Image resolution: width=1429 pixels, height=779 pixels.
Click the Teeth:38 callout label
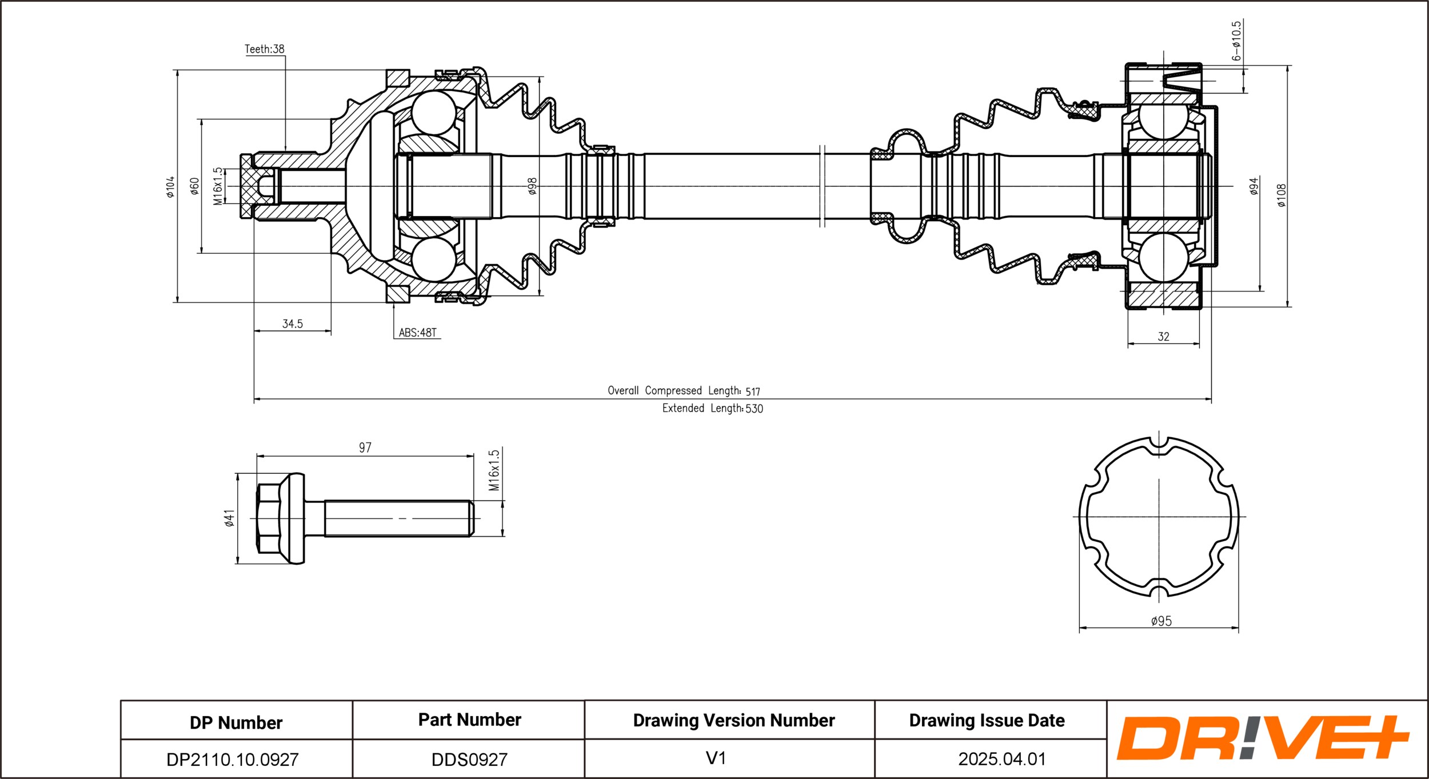tap(264, 49)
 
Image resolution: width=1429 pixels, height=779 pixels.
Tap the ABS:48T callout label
tap(417, 333)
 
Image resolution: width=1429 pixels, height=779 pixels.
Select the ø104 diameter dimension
tap(170, 187)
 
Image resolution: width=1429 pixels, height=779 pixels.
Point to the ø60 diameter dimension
tap(194, 186)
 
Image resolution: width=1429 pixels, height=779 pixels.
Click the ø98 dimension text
tap(532, 186)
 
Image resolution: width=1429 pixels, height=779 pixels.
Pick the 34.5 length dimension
tap(292, 324)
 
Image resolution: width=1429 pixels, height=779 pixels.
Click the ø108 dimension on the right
tap(1281, 195)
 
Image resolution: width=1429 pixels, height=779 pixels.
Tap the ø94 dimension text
tap(1254, 186)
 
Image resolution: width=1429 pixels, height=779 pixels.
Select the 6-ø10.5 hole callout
tap(1236, 41)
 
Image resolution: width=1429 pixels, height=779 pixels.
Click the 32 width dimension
tap(1163, 337)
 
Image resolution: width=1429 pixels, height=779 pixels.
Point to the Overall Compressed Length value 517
tap(752, 392)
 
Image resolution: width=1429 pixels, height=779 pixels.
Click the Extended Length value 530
tap(754, 409)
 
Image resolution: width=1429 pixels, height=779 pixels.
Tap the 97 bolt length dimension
tap(365, 448)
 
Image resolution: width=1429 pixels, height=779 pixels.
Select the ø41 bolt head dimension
tap(229, 518)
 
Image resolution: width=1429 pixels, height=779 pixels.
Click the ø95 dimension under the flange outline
tap(1161, 621)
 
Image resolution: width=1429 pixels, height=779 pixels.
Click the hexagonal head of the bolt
tap(269, 518)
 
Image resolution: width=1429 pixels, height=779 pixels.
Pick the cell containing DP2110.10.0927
tap(233, 759)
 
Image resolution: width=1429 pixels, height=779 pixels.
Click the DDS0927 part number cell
tap(469, 759)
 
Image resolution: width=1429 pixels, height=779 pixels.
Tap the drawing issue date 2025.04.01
tap(1001, 759)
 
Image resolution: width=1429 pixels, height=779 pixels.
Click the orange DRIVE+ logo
tap(1262, 738)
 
